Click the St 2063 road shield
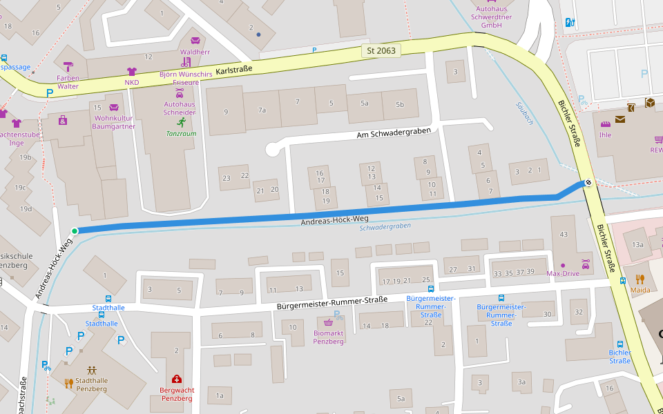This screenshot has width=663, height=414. pyautogui.click(x=381, y=50)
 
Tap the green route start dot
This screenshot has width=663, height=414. pyautogui.click(x=74, y=231)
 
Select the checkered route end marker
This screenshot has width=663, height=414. pyautogui.click(x=588, y=183)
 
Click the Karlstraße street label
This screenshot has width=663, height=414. pyautogui.click(x=234, y=70)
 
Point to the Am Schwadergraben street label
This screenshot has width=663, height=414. pyautogui.click(x=394, y=132)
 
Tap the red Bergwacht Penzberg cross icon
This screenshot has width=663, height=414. pyautogui.click(x=177, y=379)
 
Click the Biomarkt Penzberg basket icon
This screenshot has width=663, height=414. pyautogui.click(x=329, y=322)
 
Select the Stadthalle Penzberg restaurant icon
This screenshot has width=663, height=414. pyautogui.click(x=68, y=383)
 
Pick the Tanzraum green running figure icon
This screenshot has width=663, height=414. pyautogui.click(x=181, y=122)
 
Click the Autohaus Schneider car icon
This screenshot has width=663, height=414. pyautogui.click(x=180, y=92)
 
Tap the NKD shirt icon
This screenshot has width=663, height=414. pyautogui.click(x=132, y=71)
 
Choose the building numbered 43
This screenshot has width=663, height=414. pyautogui.click(x=564, y=235)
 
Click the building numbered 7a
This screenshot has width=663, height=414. pyautogui.click(x=262, y=110)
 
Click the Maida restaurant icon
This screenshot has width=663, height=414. pyautogui.click(x=640, y=279)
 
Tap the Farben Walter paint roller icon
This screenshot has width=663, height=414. pyautogui.click(x=68, y=66)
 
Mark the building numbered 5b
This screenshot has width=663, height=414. pyautogui.click(x=400, y=104)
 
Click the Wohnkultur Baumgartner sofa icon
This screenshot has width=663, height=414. pyautogui.click(x=114, y=108)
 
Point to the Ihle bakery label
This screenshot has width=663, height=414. pyautogui.click(x=605, y=135)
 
